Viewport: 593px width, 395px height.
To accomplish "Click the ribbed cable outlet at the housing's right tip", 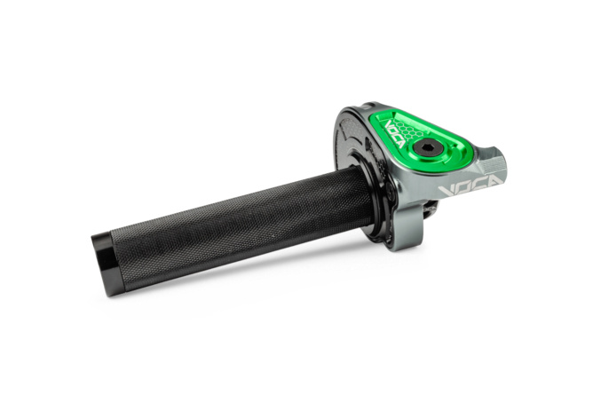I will (x=495, y=163).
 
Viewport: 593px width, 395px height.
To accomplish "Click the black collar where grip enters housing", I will (x=377, y=191).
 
